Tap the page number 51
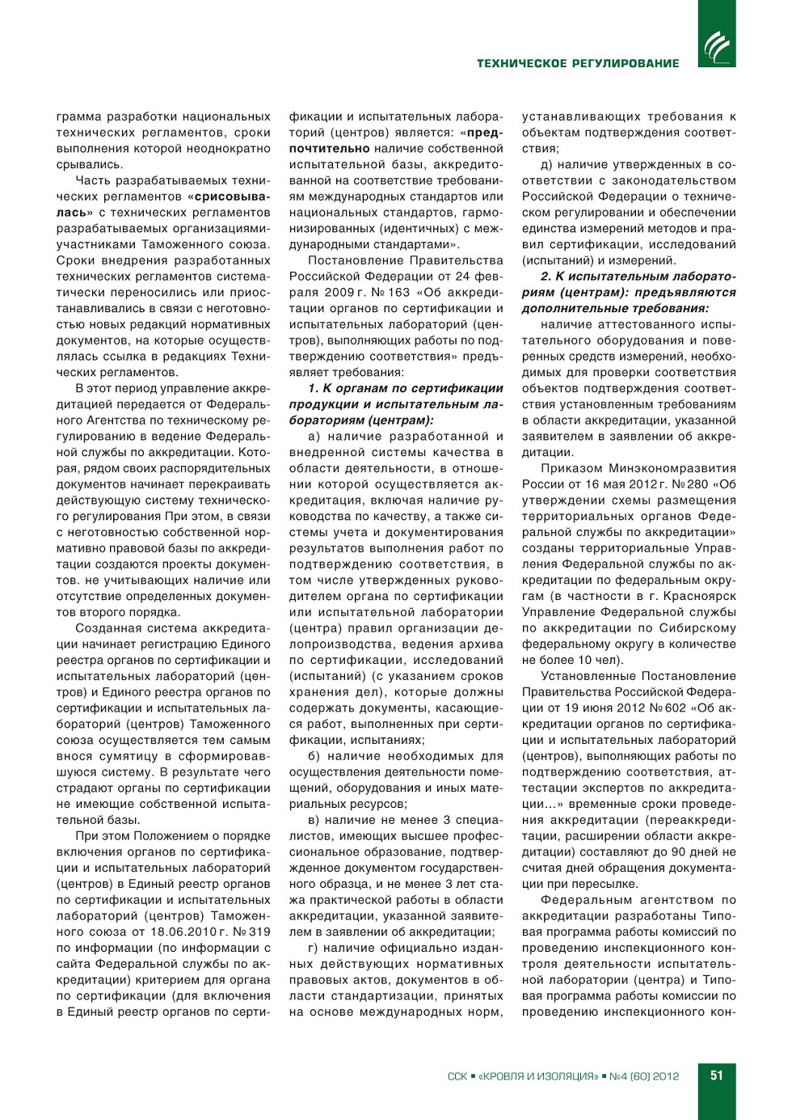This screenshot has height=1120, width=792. pos(716,1076)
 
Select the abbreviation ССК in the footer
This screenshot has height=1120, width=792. pos(457,1076)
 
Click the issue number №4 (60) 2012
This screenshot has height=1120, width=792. pos(644,1076)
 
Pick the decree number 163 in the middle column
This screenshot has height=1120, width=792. pos(399,293)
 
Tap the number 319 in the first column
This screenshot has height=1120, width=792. pos(259,932)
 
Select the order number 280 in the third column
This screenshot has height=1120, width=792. pos(697,484)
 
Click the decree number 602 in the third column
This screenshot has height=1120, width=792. pos(675,708)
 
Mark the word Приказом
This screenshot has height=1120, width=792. pos(569,468)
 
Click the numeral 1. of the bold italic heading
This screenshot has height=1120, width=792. pos(314,388)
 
